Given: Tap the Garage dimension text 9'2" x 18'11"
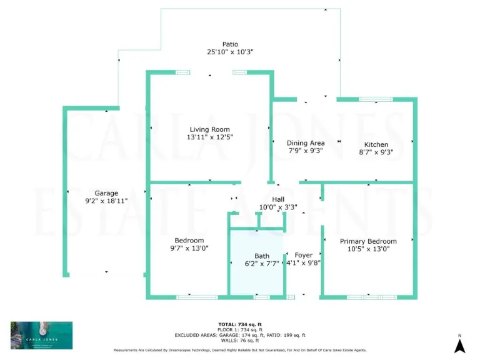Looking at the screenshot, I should tap(106, 201).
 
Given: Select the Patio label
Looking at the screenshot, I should tap(230, 44).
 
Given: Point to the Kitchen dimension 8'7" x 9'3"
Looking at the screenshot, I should tap(376, 152).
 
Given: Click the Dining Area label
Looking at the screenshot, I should tap(306, 143).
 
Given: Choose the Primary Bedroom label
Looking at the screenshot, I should tap(368, 241).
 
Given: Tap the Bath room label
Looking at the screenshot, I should tap(262, 256).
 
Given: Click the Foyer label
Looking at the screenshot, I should tap(304, 255).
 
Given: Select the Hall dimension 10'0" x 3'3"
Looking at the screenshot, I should tap(278, 207).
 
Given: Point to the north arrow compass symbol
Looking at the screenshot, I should tap(459, 345).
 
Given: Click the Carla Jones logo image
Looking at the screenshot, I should tap(41, 335).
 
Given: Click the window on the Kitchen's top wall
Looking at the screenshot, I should tap(376, 99).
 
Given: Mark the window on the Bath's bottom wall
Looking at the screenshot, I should tap(261, 297).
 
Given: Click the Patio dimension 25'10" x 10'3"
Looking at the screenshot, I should tap(230, 52).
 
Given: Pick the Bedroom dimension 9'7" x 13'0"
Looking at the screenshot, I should tap(189, 248).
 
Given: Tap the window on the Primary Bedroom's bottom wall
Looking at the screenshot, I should tap(371, 297).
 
